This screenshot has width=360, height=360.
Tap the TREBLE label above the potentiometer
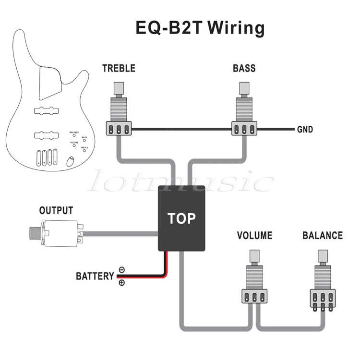pos(119,68)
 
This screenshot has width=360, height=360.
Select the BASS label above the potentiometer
pos(244,68)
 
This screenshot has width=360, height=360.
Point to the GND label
pos(305,130)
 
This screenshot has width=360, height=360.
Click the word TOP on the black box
pos(181,218)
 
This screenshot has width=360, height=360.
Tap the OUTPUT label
pos(56,210)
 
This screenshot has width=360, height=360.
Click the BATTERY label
pos(95,276)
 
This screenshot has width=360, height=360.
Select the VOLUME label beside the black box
pos(254,235)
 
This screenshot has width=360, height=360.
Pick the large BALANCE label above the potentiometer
pos(323,235)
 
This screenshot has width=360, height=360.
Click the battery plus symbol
pos(121,283)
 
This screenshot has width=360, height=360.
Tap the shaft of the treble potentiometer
pos(118,88)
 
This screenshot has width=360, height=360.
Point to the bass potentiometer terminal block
pos(244,129)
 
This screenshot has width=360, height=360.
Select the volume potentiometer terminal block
pos(254,296)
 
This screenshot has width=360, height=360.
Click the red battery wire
pos(144,277)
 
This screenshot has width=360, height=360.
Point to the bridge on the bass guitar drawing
pos(47,158)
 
